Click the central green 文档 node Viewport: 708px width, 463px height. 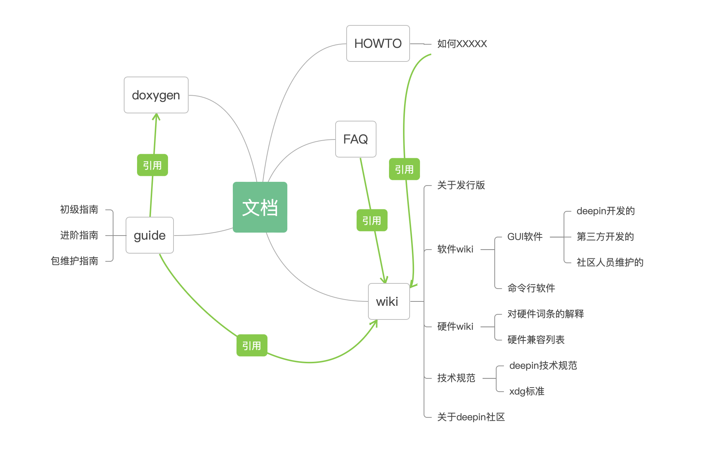[260, 207]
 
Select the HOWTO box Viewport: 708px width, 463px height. [378, 43]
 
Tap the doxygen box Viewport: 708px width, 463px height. [156, 95]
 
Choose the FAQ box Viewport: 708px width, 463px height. [355, 139]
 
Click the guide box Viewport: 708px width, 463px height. [150, 235]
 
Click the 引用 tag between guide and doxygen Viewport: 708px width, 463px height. [153, 165]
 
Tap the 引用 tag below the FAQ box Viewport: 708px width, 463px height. [372, 220]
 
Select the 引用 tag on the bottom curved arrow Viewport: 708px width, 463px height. [252, 346]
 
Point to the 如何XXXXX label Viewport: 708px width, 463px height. [462, 44]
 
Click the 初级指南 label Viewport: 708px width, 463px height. [79, 209]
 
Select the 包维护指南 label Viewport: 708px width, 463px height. [74, 261]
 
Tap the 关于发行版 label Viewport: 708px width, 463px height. [461, 185]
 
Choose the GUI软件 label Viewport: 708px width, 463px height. [525, 237]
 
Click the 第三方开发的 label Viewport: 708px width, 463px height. [605, 237]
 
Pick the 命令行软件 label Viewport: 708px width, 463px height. [531, 288]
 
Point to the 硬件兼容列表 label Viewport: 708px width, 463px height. [536, 340]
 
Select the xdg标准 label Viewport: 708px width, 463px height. [527, 391]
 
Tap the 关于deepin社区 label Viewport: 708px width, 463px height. [471, 417]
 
